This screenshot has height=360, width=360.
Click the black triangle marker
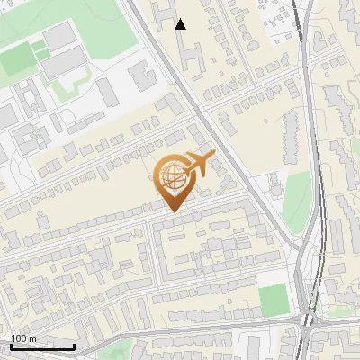(x=181, y=24)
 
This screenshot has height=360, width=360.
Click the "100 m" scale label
(x=24, y=338)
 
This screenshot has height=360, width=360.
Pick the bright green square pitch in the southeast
(x=274, y=300)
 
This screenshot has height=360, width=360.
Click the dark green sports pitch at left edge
(x=15, y=61)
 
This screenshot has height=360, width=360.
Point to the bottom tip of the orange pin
(x=172, y=211)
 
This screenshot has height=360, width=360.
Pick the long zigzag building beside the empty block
(x=290, y=136)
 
